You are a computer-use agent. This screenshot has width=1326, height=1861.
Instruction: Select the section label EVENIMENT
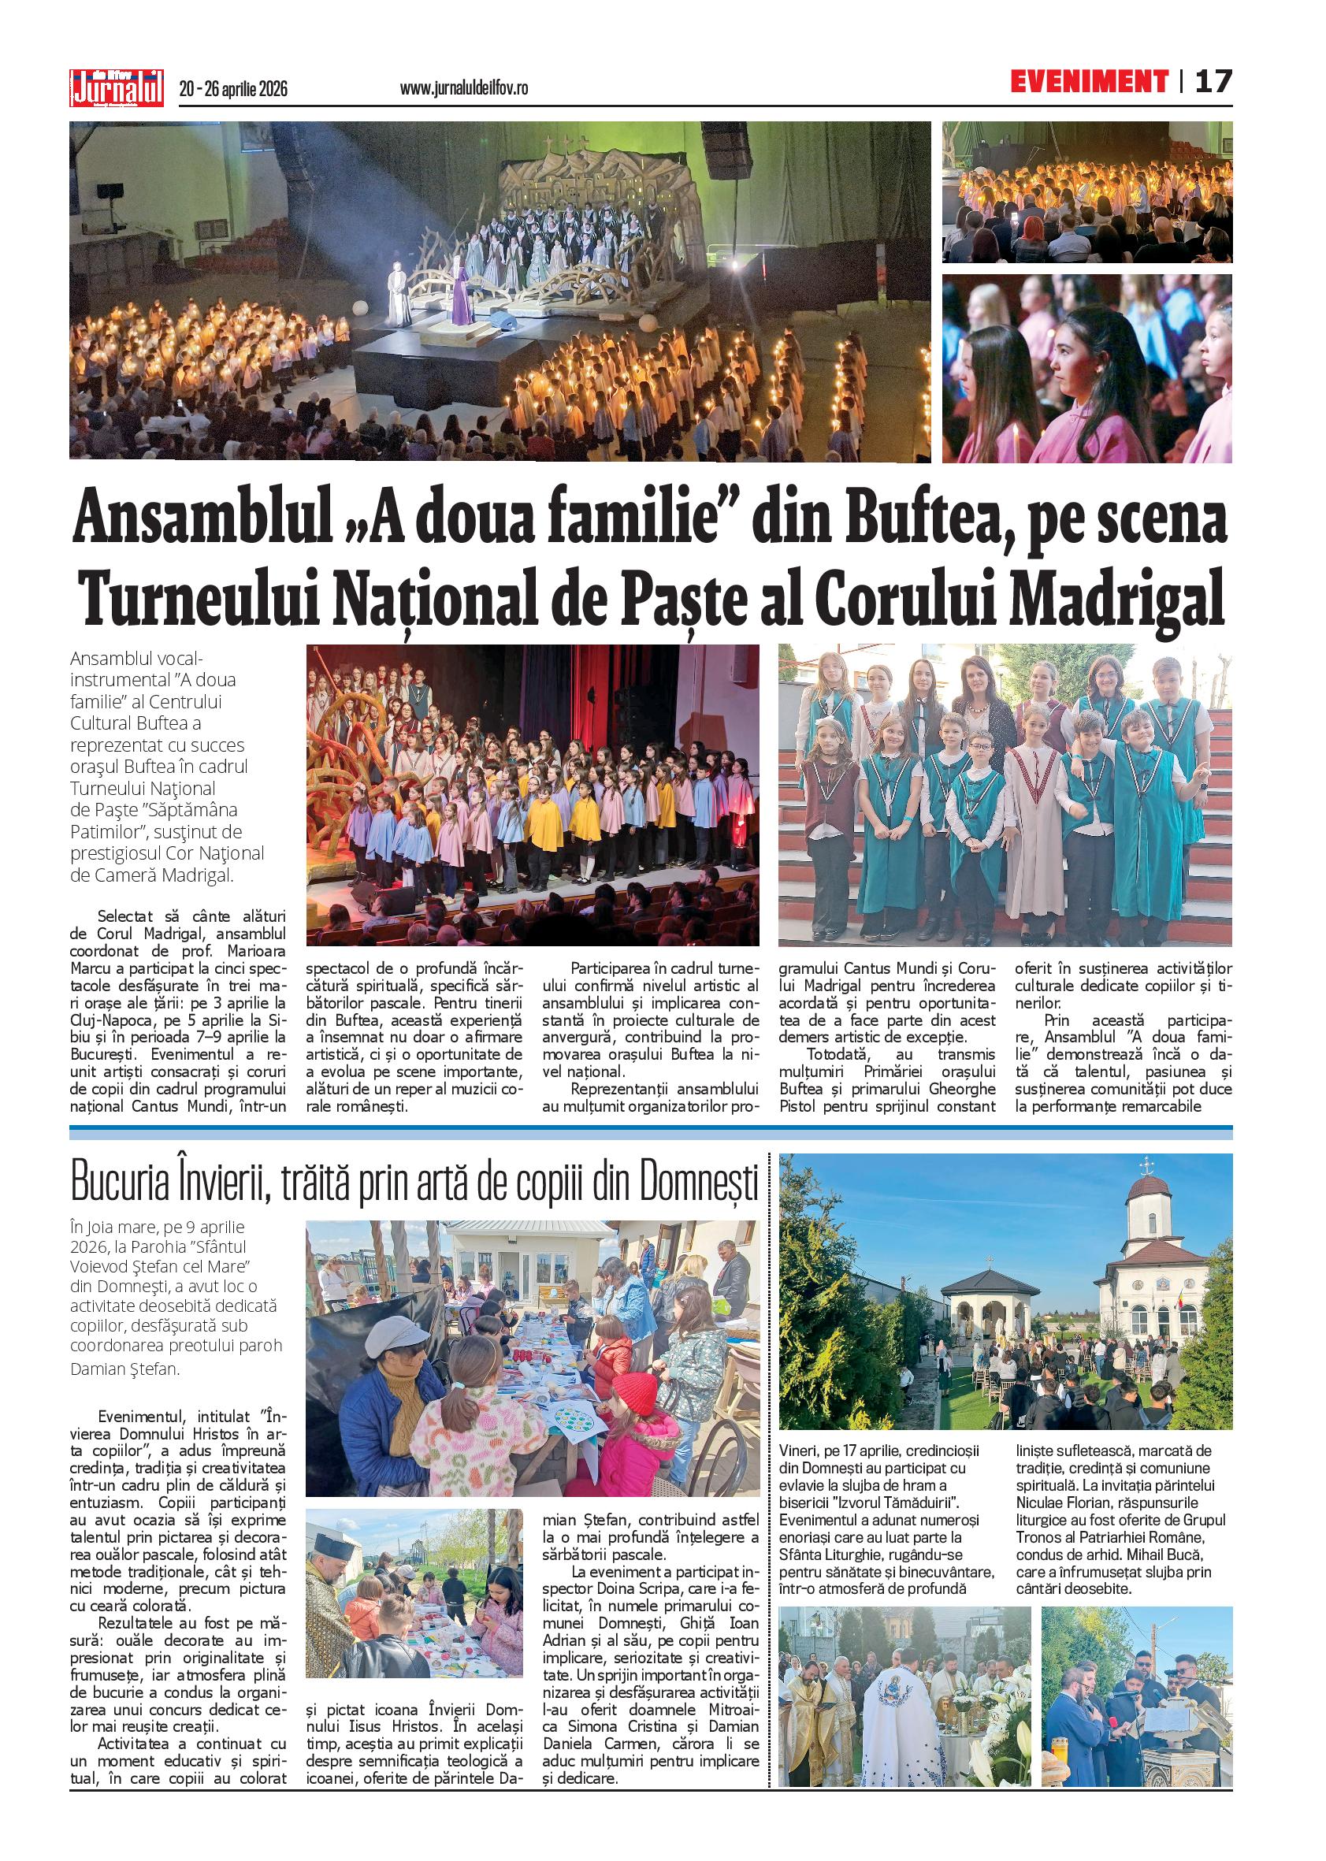1088,83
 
